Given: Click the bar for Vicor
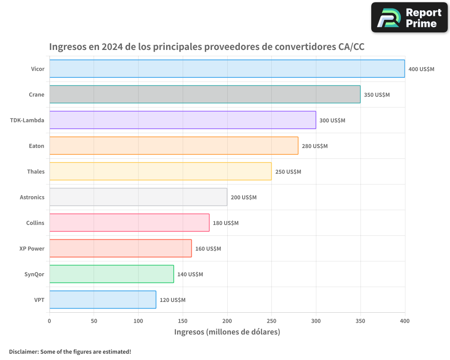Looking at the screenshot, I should (x=227, y=69).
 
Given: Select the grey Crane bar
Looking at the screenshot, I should (x=205, y=94).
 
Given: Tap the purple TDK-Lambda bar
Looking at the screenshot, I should (x=182, y=120).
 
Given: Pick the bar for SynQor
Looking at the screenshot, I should (x=111, y=274).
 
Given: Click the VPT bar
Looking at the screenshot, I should (x=103, y=300).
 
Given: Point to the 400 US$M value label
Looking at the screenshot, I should (x=421, y=69).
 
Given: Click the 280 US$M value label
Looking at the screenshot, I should (x=315, y=146).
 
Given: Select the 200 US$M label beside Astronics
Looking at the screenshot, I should (x=243, y=198).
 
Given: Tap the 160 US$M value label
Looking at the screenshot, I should (x=208, y=249).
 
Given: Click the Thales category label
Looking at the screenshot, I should (x=36, y=171).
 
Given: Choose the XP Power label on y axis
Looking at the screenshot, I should (x=32, y=248).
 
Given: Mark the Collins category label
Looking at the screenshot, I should (x=35, y=223).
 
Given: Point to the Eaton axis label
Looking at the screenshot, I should (x=36, y=146).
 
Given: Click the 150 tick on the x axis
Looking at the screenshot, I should (x=183, y=321).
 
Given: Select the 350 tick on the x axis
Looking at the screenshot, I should (x=360, y=321).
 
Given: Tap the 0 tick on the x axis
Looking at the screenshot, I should (x=49, y=321).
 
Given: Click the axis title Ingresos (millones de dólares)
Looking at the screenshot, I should (x=227, y=332).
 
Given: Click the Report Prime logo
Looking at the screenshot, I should (x=409, y=18).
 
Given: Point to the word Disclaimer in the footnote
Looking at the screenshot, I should (x=23, y=351).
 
